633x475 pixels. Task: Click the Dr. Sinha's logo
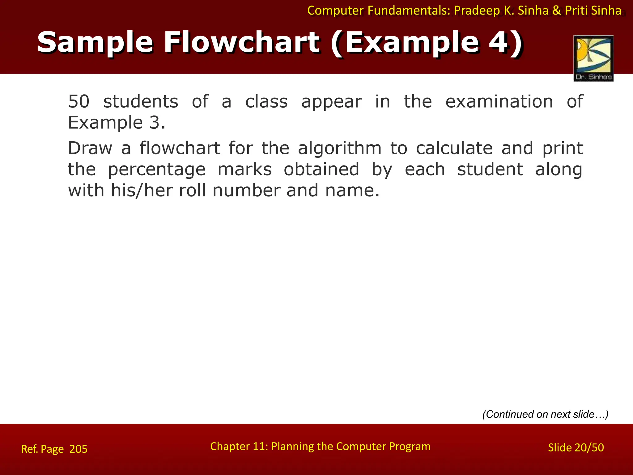point(593,58)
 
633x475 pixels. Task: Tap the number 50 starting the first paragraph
point(79,101)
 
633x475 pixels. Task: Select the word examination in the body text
point(499,101)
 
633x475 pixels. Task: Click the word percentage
point(156,169)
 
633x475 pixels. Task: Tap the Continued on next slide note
point(545,414)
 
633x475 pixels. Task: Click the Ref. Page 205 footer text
point(54,449)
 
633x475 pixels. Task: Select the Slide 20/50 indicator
point(576,447)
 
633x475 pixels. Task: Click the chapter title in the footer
point(320,446)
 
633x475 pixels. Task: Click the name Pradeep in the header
point(477,11)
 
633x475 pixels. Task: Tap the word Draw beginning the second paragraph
point(90,148)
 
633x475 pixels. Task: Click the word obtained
point(321,169)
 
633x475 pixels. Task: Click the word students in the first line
point(141,101)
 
